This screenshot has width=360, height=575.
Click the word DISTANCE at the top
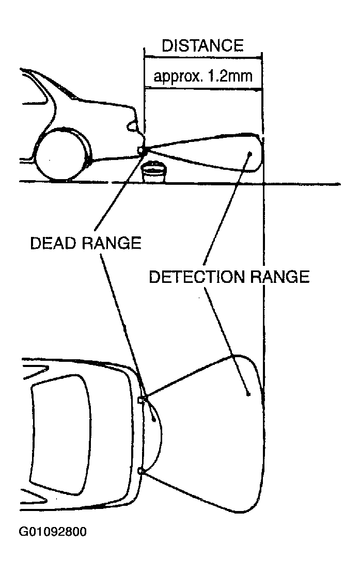point(202,45)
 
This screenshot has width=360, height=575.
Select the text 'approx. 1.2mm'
point(203,76)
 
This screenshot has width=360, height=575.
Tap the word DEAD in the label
point(54,243)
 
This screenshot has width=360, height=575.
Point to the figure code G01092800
point(53,531)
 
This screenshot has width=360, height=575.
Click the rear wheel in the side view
point(62,154)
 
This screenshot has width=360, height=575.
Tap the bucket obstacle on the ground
point(154,171)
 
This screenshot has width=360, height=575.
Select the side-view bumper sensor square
point(140,149)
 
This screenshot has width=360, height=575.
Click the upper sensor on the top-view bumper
point(141,400)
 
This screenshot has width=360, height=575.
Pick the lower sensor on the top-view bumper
point(140,471)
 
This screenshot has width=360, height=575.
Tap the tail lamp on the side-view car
point(132,126)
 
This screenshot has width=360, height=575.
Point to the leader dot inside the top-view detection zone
point(248,394)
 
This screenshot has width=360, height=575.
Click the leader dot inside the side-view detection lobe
point(251,153)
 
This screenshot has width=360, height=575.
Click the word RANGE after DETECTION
point(279,277)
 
